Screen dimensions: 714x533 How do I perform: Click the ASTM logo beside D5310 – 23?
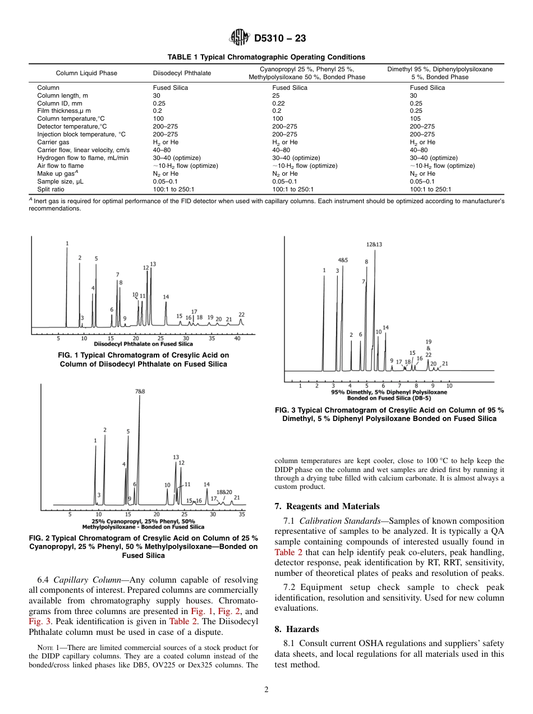coord(240,38)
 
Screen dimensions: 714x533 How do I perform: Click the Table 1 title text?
coord(266,57)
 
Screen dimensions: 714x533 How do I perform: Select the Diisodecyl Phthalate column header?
coord(182,73)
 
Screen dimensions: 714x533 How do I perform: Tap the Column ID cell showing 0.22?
coord(279,103)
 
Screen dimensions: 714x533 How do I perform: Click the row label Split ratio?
coord(50,189)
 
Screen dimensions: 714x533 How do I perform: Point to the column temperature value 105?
coord(415,119)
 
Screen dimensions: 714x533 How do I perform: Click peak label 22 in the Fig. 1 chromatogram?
coord(242,315)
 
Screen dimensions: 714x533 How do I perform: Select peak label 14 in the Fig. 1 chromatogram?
coord(166,297)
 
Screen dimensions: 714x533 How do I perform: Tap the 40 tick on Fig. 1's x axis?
coord(237,338)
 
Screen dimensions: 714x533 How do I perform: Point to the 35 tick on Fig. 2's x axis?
coord(242,514)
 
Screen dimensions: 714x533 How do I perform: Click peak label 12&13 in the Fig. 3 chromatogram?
coord(374,244)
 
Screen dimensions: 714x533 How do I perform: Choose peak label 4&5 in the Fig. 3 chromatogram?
coord(343,260)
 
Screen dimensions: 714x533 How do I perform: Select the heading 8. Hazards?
coord(297,629)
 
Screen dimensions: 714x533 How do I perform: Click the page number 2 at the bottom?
coord(266,690)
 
